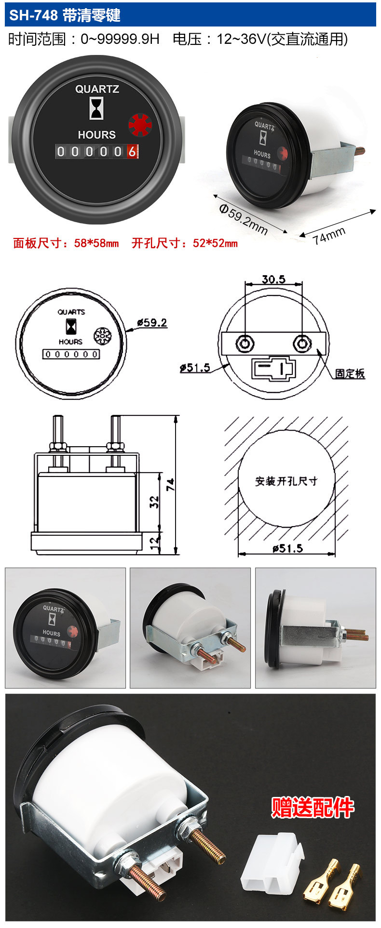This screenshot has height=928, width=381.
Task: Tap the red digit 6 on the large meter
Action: pyautogui.click(x=131, y=151)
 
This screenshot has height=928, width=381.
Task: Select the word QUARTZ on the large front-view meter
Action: pyautogui.click(x=97, y=89)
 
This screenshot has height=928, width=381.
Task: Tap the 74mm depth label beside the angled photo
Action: pyautogui.click(x=329, y=235)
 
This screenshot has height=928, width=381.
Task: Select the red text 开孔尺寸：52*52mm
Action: pyautogui.click(x=185, y=243)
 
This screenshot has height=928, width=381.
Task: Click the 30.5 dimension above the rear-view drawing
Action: pyautogui.click(x=273, y=279)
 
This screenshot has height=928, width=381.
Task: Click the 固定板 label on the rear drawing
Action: pyautogui.click(x=350, y=373)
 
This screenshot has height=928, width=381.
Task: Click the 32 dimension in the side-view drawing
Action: pyautogui.click(x=154, y=502)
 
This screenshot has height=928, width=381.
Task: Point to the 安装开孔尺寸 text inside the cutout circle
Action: pyautogui.click(x=286, y=481)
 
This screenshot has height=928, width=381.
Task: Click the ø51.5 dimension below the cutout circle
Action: pyautogui.click(x=287, y=548)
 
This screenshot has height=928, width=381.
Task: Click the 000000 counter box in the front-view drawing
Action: pyautogui.click(x=71, y=354)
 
